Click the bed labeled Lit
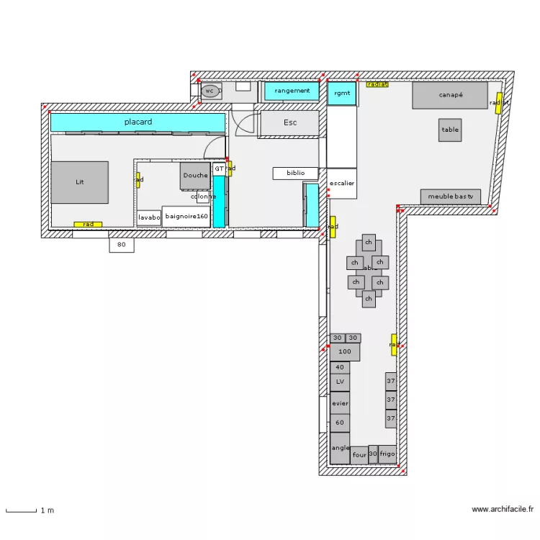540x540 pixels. point(79,182)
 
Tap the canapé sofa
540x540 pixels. point(450,95)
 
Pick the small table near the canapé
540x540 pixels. point(450,130)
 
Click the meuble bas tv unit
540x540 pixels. point(451,197)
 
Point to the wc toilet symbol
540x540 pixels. point(210,91)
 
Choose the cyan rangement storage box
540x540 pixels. point(292,91)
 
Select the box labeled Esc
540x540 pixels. point(289,123)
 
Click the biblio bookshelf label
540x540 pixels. point(295,173)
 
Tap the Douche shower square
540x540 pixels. point(194,175)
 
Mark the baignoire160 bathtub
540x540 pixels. point(186,216)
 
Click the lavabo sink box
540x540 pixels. point(149,217)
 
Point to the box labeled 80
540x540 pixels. point(122,245)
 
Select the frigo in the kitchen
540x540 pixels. point(387,454)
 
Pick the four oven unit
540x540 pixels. point(359,454)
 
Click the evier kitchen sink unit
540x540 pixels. point(340,403)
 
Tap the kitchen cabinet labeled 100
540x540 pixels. point(344,351)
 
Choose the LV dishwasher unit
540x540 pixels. point(340,382)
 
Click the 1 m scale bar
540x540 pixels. point(22,510)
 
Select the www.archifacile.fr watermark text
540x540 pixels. point(503,510)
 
